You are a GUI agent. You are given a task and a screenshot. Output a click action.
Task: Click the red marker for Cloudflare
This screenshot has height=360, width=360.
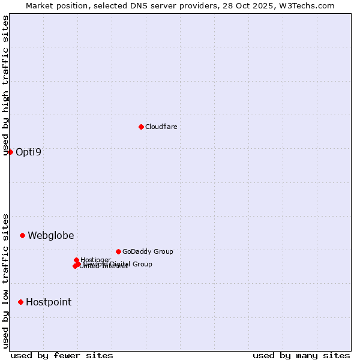(x=141, y=127)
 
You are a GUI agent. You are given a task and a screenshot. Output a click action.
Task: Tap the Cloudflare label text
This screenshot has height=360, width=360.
(x=161, y=127)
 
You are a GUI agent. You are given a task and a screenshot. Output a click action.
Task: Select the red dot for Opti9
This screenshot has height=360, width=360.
(x=10, y=152)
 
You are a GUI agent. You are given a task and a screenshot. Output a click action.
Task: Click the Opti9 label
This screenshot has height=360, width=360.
(x=29, y=152)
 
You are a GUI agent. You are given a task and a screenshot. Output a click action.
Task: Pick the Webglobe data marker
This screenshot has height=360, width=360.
(x=22, y=235)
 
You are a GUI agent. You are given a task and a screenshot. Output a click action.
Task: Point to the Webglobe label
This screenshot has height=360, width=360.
(x=51, y=235)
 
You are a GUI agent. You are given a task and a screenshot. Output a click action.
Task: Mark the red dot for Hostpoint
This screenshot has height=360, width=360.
(x=20, y=302)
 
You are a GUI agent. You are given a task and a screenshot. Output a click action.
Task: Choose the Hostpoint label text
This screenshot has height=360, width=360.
(x=49, y=302)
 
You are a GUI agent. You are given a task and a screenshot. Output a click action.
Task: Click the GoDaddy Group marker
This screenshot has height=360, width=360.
(x=118, y=251)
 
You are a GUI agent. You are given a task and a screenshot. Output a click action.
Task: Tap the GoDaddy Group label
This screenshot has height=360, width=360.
(x=148, y=251)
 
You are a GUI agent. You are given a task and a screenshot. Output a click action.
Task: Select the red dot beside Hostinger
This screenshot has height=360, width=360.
(x=76, y=260)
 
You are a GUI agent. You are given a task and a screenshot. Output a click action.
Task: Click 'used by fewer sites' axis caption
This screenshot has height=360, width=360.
(x=62, y=355)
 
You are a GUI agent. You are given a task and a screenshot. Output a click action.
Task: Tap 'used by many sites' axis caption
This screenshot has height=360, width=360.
(x=301, y=355)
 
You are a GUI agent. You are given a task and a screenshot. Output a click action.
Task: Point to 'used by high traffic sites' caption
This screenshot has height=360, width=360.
(x=6, y=85)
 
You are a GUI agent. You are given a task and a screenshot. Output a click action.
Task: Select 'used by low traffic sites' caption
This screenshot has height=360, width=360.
(x=6, y=280)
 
